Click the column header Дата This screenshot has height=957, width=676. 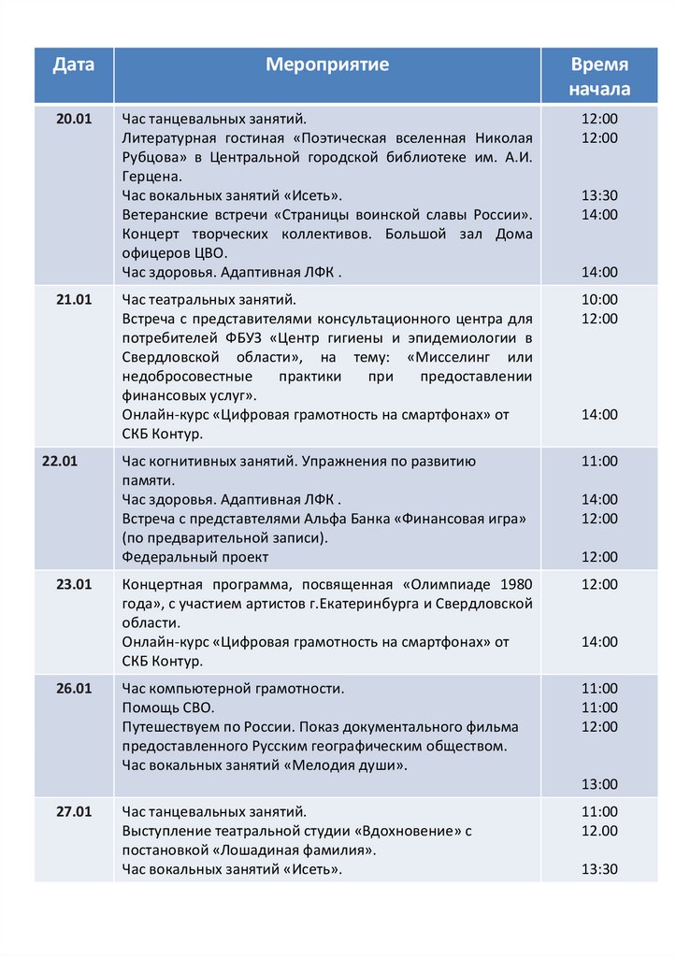pos(73,64)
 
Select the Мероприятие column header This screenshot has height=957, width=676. pos(327,64)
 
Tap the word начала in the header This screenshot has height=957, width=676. pos(599,89)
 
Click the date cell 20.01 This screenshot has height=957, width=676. pos(73,119)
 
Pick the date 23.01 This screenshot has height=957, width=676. pos(73,584)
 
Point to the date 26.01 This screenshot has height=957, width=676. pos(73,688)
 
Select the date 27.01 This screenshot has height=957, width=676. pos(73,811)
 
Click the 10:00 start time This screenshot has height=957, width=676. pos(599,299)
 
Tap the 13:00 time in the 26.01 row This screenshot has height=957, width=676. pos(599,784)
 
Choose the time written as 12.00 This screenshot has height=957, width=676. pos(599,830)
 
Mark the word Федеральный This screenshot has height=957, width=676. pos(165,557)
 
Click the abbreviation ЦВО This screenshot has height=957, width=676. pos(209,252)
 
